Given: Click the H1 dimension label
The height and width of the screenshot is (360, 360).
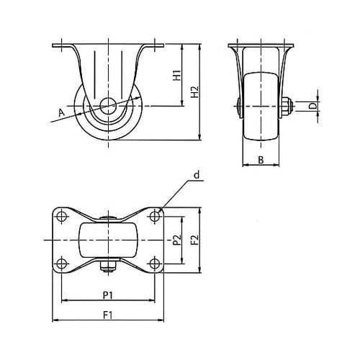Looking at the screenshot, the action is point(177,76).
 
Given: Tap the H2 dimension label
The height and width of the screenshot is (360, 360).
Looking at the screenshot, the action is point(195,92).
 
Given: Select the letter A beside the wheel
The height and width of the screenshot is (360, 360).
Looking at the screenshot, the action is point(62,112).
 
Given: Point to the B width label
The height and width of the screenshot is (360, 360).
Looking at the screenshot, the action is point(261,160).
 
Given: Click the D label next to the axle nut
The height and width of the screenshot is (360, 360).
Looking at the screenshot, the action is point(312,106).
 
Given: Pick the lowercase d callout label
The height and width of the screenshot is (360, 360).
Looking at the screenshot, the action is point(197,175).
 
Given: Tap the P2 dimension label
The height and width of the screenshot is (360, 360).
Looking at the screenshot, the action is point(177,240).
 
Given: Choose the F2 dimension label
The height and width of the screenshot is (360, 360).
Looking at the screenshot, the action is point(195,240).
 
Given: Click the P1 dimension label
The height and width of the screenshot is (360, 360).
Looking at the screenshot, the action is point(108,295).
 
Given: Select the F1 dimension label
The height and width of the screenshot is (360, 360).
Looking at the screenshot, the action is point(108,315).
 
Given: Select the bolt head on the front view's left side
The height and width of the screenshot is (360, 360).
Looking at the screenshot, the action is point(238,106).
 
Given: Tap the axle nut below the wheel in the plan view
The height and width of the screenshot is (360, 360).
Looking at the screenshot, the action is point(109,266).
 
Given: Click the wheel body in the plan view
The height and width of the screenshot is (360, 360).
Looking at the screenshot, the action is point(108,240).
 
